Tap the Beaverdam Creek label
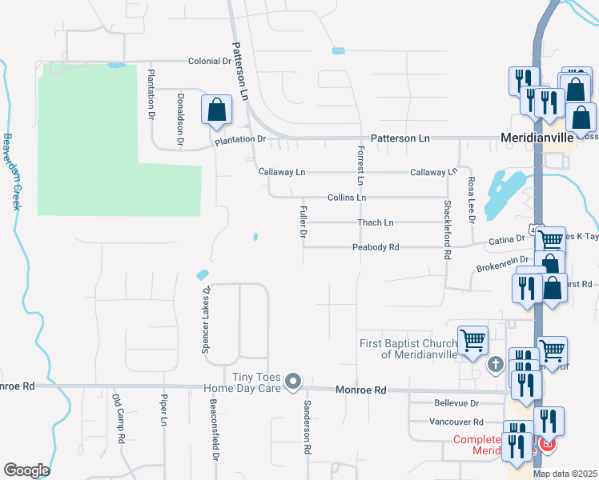coord(10,171)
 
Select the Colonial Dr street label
coord(209,61)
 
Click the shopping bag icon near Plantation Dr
coord(216,110)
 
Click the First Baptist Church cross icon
coord(496,365)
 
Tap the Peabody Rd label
coord(376,247)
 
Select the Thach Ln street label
coord(376,222)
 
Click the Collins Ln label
coord(347,197)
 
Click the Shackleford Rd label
coord(447,229)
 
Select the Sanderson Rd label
coord(306,427)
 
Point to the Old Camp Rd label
coord(119,419)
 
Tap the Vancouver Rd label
coord(456,422)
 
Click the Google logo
coord(26,470)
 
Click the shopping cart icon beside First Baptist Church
coord(472,339)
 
